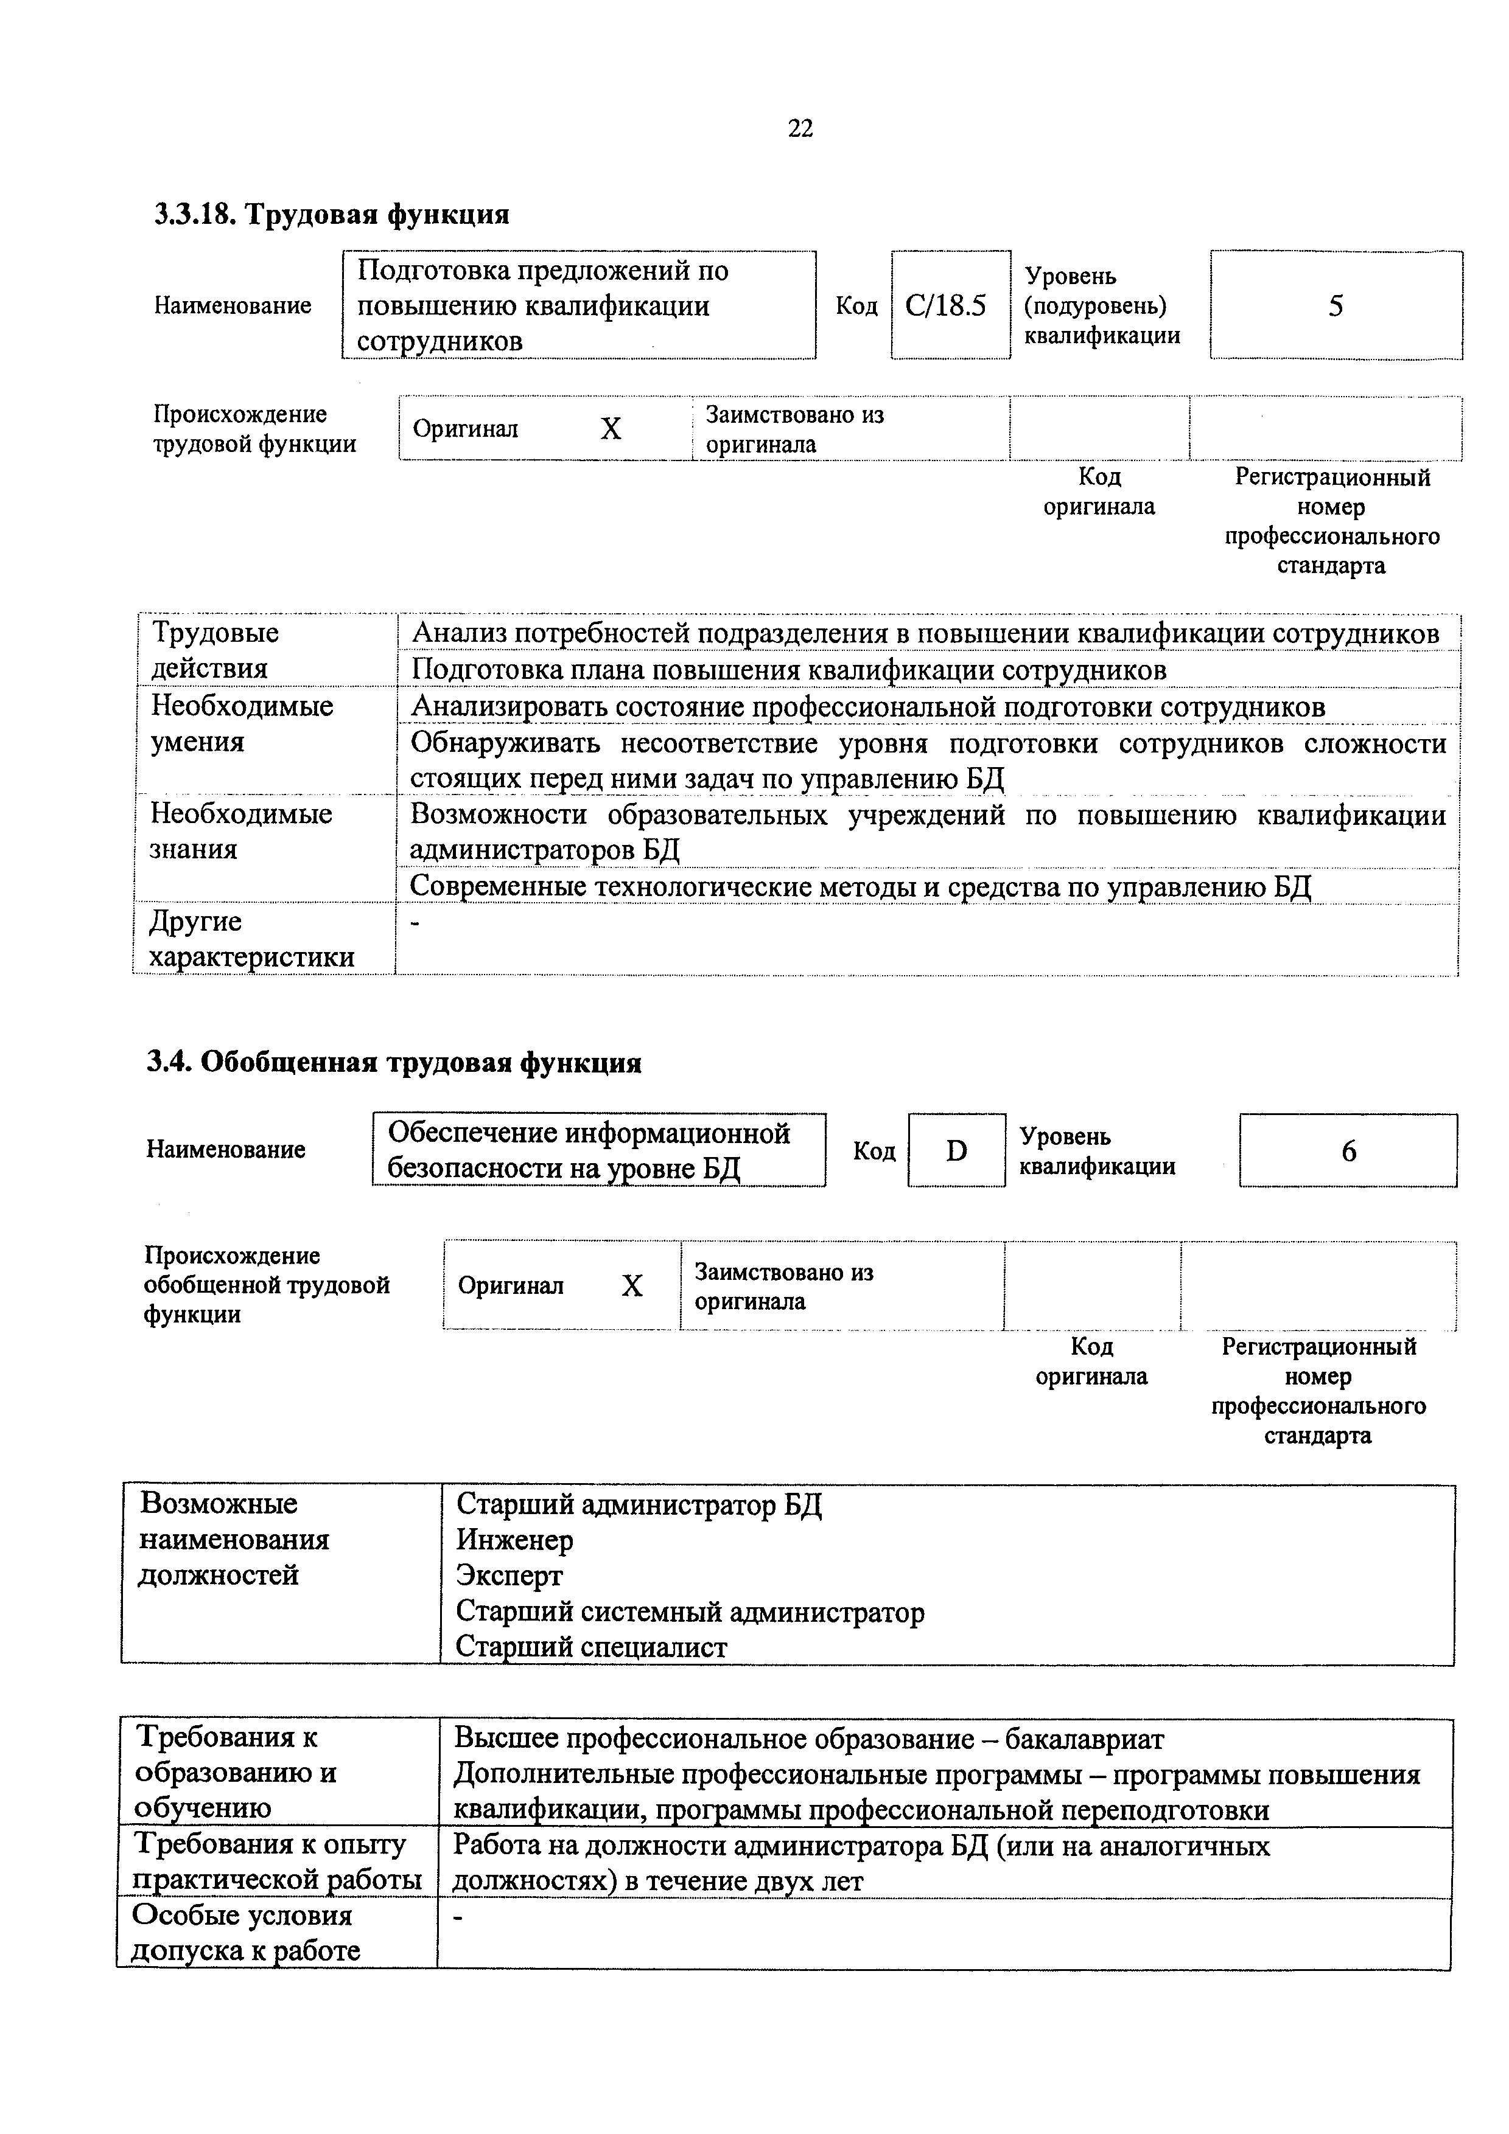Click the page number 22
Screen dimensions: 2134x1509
[800, 129]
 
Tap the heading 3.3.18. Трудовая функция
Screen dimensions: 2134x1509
[332, 215]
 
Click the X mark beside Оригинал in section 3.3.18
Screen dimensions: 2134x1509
[611, 428]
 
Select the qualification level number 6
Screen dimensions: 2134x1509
[1348, 1152]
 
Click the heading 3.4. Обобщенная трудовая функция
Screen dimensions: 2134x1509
[394, 1062]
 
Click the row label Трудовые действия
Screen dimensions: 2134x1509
[215, 651]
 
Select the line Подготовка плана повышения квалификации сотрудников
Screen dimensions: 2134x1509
[788, 670]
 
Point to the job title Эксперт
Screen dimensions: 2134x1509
[509, 1576]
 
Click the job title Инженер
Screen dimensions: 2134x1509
[514, 1540]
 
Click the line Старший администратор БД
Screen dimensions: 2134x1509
[639, 1504]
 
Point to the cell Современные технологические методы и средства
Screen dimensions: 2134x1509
[860, 888]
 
